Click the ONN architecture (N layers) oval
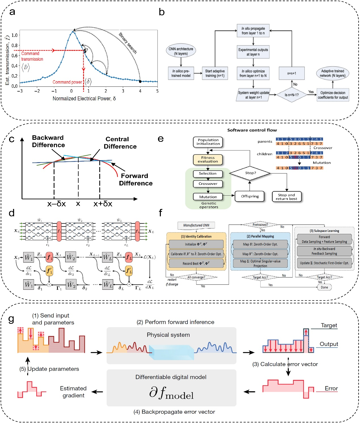pyautogui.click(x=181, y=51)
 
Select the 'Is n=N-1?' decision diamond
pyautogui.click(x=292, y=95)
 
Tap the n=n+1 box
pyautogui.click(x=292, y=73)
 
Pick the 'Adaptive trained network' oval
pyautogui.click(x=332, y=73)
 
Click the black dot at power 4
pyautogui.click(x=140, y=81)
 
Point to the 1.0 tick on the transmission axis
pyautogui.click(x=14, y=35)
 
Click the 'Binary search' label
pyautogui.click(x=128, y=43)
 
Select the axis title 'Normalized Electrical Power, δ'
pyautogui.click(x=84, y=99)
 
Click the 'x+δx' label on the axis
pyautogui.click(x=103, y=204)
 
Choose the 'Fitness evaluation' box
pyautogui.click(x=208, y=159)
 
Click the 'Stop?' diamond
pyautogui.click(x=250, y=173)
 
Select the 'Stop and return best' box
pyautogui.click(x=287, y=197)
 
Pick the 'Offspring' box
pyautogui.click(x=250, y=196)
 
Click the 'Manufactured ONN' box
pyautogui.click(x=196, y=225)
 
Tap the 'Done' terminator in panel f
pyautogui.click(x=324, y=287)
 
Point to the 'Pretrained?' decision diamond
pyautogui.click(x=260, y=225)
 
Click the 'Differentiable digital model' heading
pyautogui.click(x=171, y=377)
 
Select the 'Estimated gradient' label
pyautogui.click(x=73, y=392)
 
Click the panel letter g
pyautogui.click(x=11, y=319)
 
